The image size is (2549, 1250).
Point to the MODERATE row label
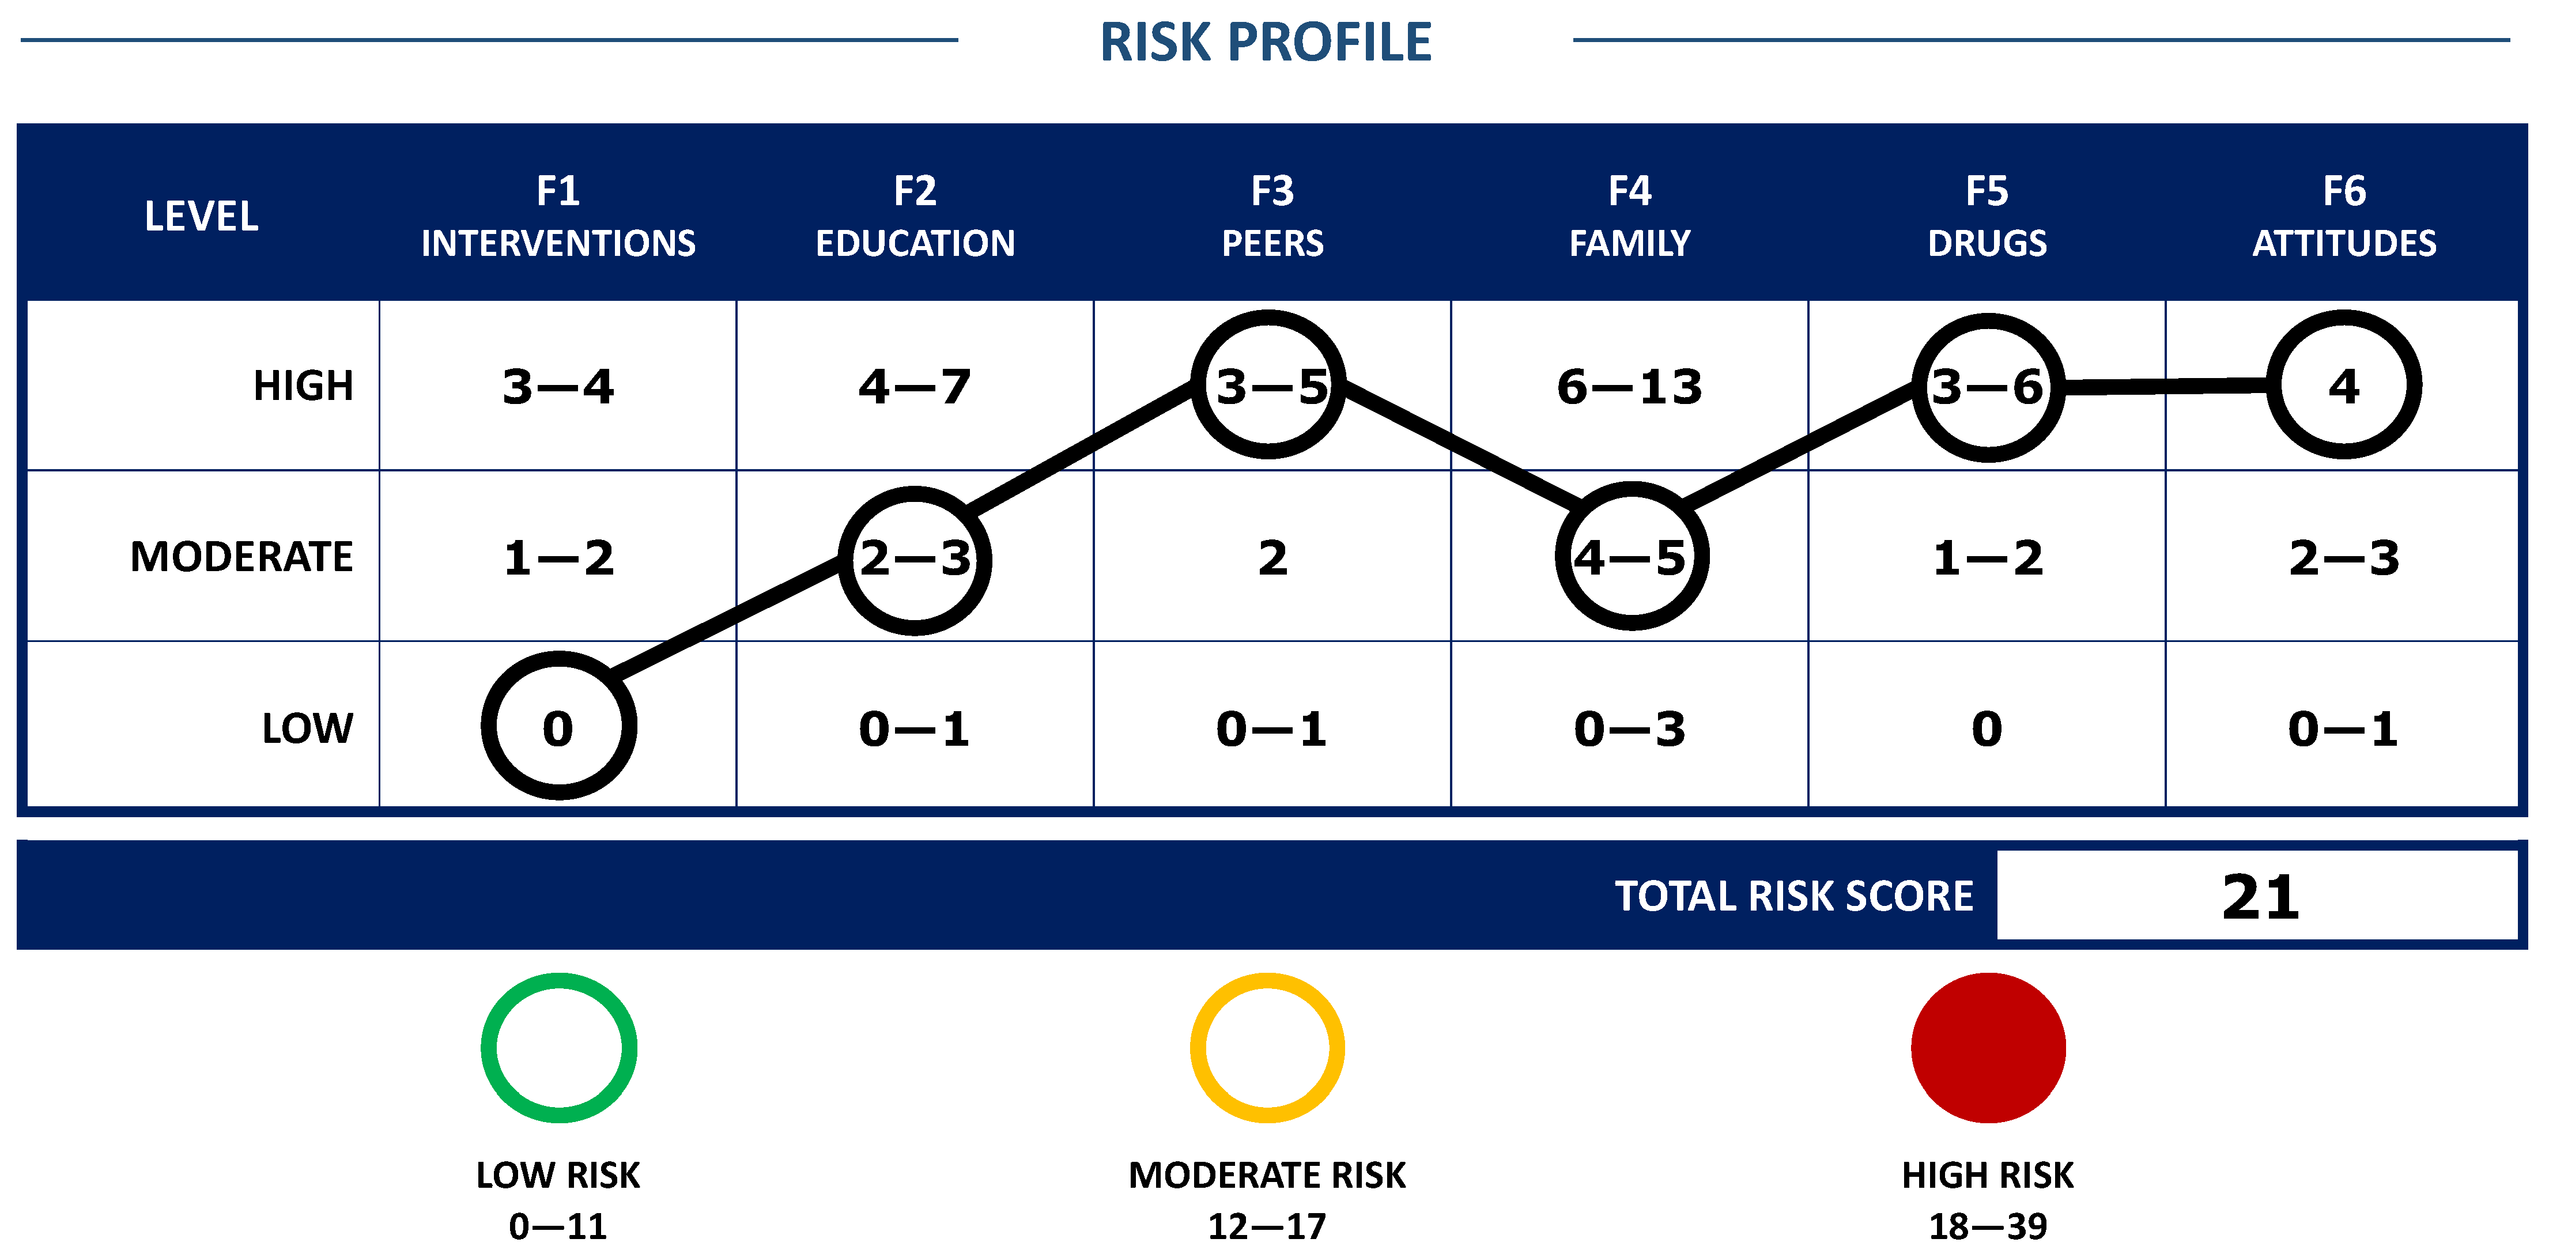241,556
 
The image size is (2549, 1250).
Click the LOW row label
307,728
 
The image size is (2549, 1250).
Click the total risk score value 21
2260,897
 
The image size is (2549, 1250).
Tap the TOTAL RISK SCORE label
1794,896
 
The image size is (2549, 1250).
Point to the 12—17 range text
1267,1226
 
